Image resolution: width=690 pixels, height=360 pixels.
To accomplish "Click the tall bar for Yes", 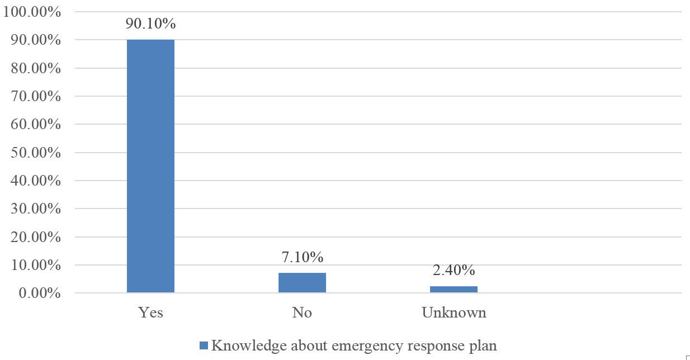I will [x=150, y=166].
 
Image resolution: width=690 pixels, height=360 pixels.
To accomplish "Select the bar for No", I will [x=302, y=282].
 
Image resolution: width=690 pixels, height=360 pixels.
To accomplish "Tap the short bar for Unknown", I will [x=453, y=289].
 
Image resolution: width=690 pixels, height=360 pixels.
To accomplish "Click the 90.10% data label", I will [x=150, y=25].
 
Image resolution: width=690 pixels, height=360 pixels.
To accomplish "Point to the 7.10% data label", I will [x=302, y=257].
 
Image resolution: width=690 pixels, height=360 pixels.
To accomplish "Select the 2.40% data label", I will [x=453, y=271].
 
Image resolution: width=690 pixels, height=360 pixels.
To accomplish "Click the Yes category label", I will [x=150, y=312].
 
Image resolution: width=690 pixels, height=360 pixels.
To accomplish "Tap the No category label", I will [x=302, y=312].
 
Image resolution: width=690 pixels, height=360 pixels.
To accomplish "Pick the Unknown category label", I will [x=453, y=312].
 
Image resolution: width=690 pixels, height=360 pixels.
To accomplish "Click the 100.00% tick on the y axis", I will [x=32, y=12].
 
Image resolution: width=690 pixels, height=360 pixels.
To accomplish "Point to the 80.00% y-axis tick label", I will [x=35, y=68].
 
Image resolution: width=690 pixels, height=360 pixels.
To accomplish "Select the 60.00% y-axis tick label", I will [x=35, y=124].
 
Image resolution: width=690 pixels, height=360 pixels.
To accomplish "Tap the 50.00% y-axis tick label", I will [x=35, y=153].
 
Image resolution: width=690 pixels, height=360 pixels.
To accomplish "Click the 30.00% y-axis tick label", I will [x=35, y=209].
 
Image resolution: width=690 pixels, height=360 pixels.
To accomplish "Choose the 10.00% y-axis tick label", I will [x=35, y=265].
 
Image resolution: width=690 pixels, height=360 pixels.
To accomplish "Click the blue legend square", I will [x=204, y=345].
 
